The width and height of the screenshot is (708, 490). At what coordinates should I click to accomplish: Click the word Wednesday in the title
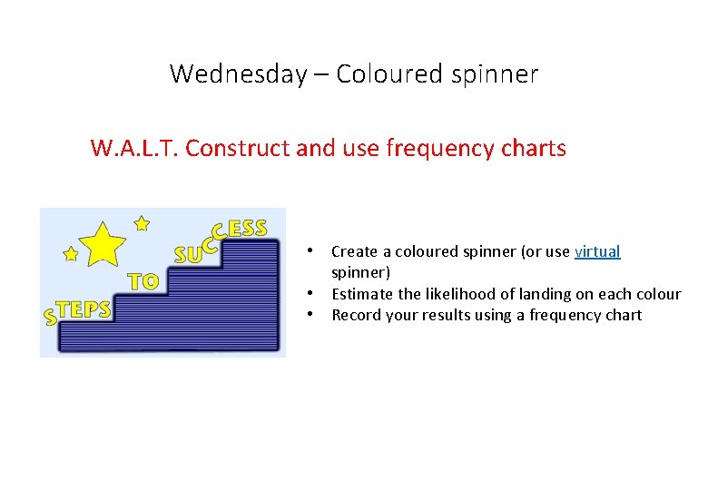238,73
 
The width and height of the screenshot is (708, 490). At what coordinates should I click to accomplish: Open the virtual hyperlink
597,251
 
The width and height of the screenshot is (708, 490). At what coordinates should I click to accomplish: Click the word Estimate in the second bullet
363,294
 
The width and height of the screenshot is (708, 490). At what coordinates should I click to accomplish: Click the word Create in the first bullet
355,251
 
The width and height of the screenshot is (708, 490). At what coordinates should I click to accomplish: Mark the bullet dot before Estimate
310,293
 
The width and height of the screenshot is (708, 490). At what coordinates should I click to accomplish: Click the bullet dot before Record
310,315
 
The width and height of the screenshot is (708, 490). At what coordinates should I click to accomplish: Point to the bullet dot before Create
310,250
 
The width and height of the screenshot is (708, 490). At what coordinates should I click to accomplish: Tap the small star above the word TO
142,221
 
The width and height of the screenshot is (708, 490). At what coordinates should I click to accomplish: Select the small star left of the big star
70,255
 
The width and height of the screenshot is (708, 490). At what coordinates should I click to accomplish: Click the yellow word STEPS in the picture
78,310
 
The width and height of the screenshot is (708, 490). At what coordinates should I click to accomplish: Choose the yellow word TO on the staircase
143,281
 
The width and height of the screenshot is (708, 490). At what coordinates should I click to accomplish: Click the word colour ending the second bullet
658,294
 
